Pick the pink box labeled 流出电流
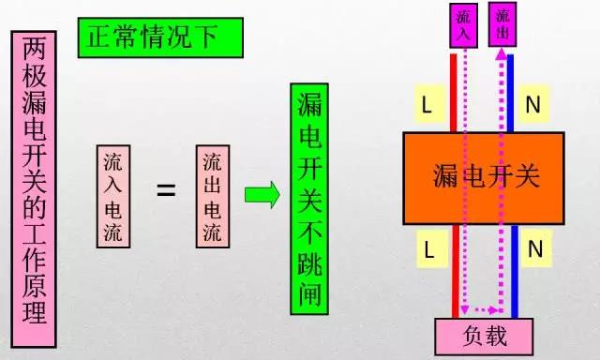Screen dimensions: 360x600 (214, 196)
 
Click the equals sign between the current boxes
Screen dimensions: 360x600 (166, 190)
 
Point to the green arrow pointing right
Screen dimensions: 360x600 (262, 195)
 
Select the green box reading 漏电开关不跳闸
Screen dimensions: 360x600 (312, 201)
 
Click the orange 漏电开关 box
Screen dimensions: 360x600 (483, 175)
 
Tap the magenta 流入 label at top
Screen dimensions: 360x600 (466, 23)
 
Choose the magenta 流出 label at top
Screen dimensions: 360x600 (503, 23)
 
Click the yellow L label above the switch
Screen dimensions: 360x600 (426, 106)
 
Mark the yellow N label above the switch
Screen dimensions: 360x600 (532, 106)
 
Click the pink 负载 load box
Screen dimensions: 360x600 (483, 335)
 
